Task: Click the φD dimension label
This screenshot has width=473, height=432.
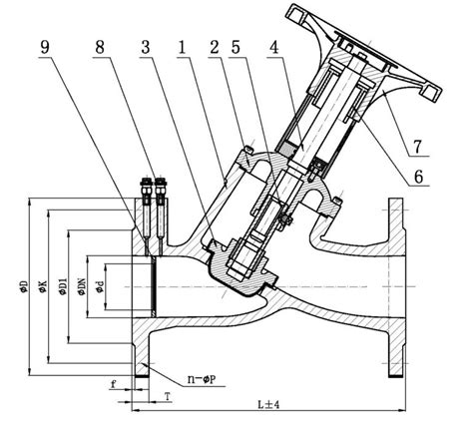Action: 23,286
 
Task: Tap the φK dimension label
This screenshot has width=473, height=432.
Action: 41,286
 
